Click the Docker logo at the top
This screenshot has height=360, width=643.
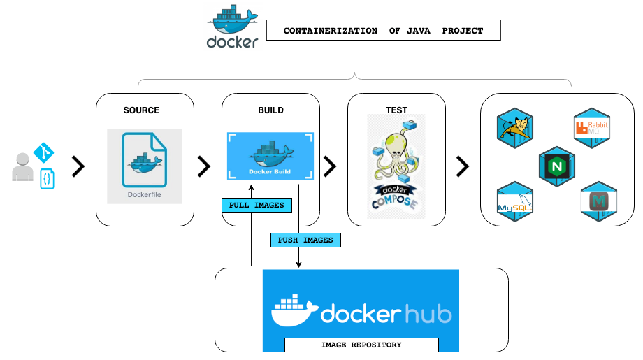[x=233, y=27]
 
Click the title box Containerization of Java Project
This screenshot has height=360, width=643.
[x=384, y=31]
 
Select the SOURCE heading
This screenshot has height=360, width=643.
[x=141, y=110]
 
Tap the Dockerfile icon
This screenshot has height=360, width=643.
[x=145, y=166]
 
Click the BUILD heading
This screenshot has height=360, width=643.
[x=270, y=110]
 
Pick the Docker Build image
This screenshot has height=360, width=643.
[x=270, y=157]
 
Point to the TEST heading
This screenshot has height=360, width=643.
[x=396, y=110]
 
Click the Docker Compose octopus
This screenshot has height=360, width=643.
[x=396, y=166]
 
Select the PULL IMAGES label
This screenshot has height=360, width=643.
[x=257, y=206]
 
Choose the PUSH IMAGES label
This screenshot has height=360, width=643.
[x=305, y=240]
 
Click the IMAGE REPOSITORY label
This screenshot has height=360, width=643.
[x=361, y=345]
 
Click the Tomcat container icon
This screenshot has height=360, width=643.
[x=516, y=129]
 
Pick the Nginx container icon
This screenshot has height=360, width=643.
[x=556, y=166]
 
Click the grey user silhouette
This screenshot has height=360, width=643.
[x=22, y=167]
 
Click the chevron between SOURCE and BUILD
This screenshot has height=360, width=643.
[x=204, y=166]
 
